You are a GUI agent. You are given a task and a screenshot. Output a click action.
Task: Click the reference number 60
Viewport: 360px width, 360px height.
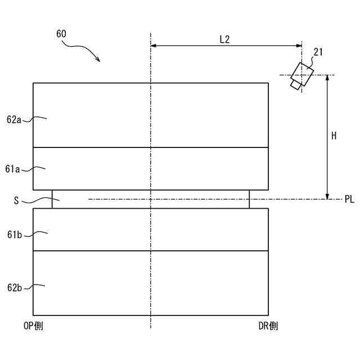coord(61,34)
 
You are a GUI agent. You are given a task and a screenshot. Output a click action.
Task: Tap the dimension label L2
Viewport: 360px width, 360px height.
coord(224,39)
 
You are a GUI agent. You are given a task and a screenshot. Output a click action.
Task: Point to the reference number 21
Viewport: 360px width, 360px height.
coord(318,53)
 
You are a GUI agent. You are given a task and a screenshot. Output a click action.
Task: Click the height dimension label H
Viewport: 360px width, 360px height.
coord(334,136)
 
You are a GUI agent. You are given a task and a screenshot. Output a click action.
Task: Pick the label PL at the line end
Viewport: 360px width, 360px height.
coord(349,200)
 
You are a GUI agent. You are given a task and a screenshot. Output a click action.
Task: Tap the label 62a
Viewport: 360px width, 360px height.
coord(15,119)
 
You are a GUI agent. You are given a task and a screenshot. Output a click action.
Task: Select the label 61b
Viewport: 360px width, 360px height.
coord(15,234)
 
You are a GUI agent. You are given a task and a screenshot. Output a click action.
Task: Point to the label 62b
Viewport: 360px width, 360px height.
coord(15,288)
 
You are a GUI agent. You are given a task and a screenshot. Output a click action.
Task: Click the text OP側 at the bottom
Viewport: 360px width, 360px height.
coord(33,326)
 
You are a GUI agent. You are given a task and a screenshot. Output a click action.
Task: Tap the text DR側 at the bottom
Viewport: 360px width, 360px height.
coord(268,326)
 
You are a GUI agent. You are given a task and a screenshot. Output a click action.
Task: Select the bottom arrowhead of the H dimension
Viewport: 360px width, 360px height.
coord(327,196)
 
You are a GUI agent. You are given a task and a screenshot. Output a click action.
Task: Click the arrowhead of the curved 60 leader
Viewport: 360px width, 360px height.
coord(98,60)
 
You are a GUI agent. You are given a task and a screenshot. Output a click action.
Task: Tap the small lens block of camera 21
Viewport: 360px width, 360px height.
coord(295,84)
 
